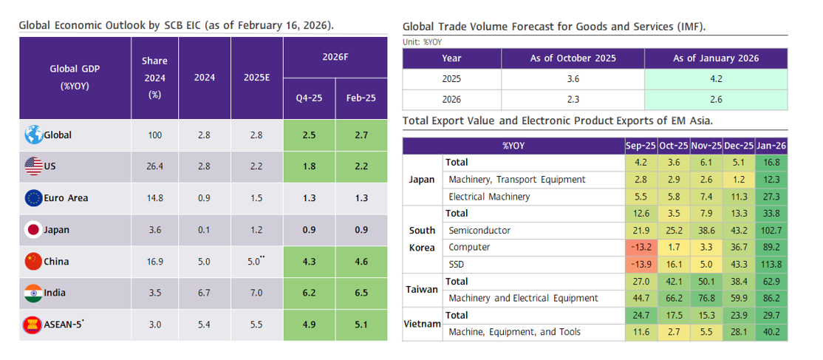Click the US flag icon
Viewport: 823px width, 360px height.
pos(33,167)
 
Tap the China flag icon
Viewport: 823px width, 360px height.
pos(33,261)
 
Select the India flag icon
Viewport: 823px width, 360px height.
pos(33,293)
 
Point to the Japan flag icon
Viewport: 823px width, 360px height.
pos(33,230)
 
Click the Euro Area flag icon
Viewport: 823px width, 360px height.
pos(33,198)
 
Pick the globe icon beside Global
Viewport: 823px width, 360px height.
pos(33,135)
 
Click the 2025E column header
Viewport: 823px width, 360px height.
pos(257,77)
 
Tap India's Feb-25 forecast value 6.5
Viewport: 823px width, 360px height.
pos(361,293)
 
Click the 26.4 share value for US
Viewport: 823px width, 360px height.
pos(154,167)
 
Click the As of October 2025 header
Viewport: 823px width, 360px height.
pos(573,58)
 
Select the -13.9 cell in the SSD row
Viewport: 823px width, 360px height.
pos(641,264)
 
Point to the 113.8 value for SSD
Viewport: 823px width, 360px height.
pos(771,264)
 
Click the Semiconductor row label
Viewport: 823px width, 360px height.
pos(479,230)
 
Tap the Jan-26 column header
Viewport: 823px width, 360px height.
pos(771,146)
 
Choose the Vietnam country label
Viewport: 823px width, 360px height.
pos(423,324)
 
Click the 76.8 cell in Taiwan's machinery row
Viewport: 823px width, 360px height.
pos(706,298)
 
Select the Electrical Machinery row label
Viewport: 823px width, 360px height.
pos(489,197)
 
